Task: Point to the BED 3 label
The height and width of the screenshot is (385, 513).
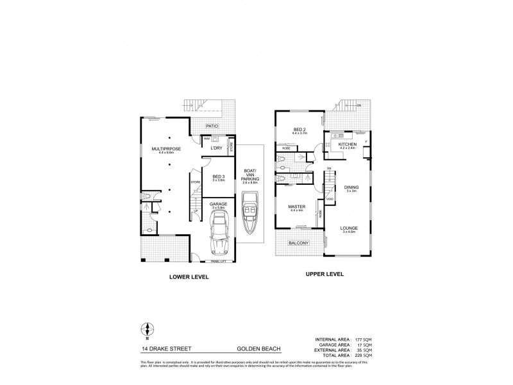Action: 218,176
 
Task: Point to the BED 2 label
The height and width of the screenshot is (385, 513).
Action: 299,130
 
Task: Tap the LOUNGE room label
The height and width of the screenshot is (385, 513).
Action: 349,228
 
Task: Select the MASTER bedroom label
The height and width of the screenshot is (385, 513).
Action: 297,207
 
